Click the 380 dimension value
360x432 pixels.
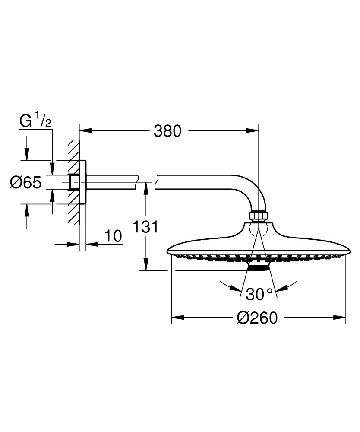coord(167,130)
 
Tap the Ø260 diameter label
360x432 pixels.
coord(257,318)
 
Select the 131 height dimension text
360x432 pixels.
coord(146,227)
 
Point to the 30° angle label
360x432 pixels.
coord(259,295)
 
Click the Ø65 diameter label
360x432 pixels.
coord(25,183)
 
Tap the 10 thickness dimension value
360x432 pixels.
coord(113,236)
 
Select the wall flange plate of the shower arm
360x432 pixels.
coord(83,182)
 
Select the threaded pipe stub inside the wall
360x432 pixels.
coord(73,182)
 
